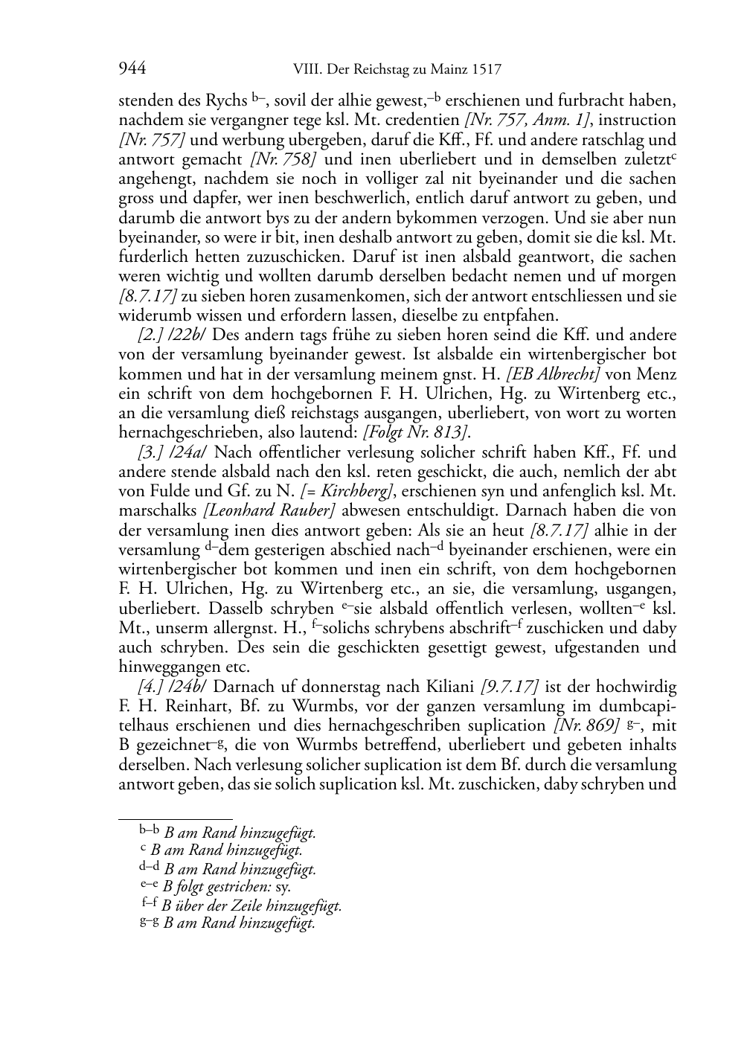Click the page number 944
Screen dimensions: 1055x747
[x=132, y=70]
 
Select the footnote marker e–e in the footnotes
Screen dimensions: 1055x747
[x=150, y=885]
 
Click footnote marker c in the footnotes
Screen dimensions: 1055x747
[x=143, y=849]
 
